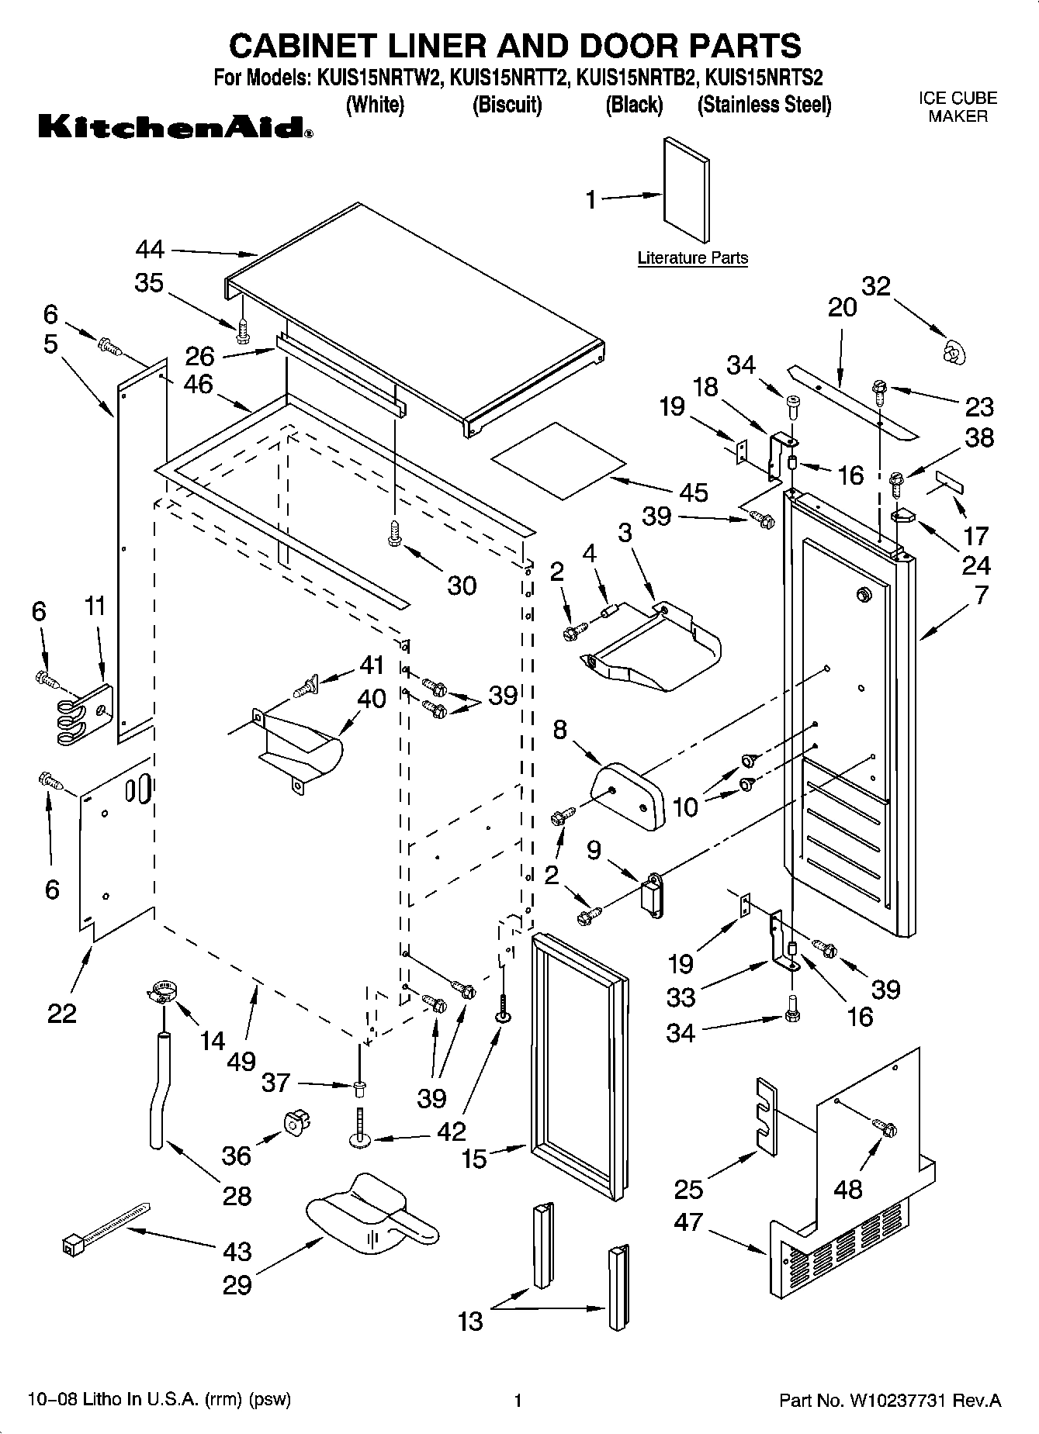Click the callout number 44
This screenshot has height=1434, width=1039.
[150, 250]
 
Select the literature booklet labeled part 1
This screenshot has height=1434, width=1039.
[686, 191]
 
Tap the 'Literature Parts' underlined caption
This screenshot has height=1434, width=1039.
[692, 258]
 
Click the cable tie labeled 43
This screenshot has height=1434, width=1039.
[105, 1228]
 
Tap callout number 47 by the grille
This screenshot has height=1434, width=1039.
[688, 1222]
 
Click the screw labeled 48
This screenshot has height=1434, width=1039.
[884, 1125]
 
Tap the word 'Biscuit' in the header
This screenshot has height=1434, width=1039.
[507, 105]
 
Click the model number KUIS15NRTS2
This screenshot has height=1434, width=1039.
[764, 78]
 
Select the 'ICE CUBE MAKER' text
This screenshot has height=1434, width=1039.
[958, 108]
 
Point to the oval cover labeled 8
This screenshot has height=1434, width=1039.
[628, 795]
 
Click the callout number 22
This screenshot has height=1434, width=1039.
[61, 1013]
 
